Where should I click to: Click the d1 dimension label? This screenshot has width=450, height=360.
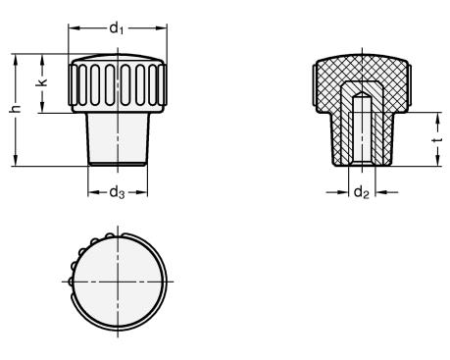[x=117, y=28]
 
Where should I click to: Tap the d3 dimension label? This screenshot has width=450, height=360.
[x=117, y=192]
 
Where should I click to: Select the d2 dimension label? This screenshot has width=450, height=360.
[x=362, y=192]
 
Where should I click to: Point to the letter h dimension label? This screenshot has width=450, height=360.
[x=15, y=109]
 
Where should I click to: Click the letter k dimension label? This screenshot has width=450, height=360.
[x=42, y=82]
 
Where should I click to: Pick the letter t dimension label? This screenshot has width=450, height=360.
[x=437, y=140]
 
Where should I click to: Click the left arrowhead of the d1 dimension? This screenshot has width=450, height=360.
[x=75, y=28]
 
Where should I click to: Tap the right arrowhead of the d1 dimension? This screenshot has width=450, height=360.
[x=161, y=28]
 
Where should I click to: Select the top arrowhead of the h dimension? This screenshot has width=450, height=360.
[x=15, y=60]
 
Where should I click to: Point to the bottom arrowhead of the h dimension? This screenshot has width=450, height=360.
[x=15, y=160]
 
